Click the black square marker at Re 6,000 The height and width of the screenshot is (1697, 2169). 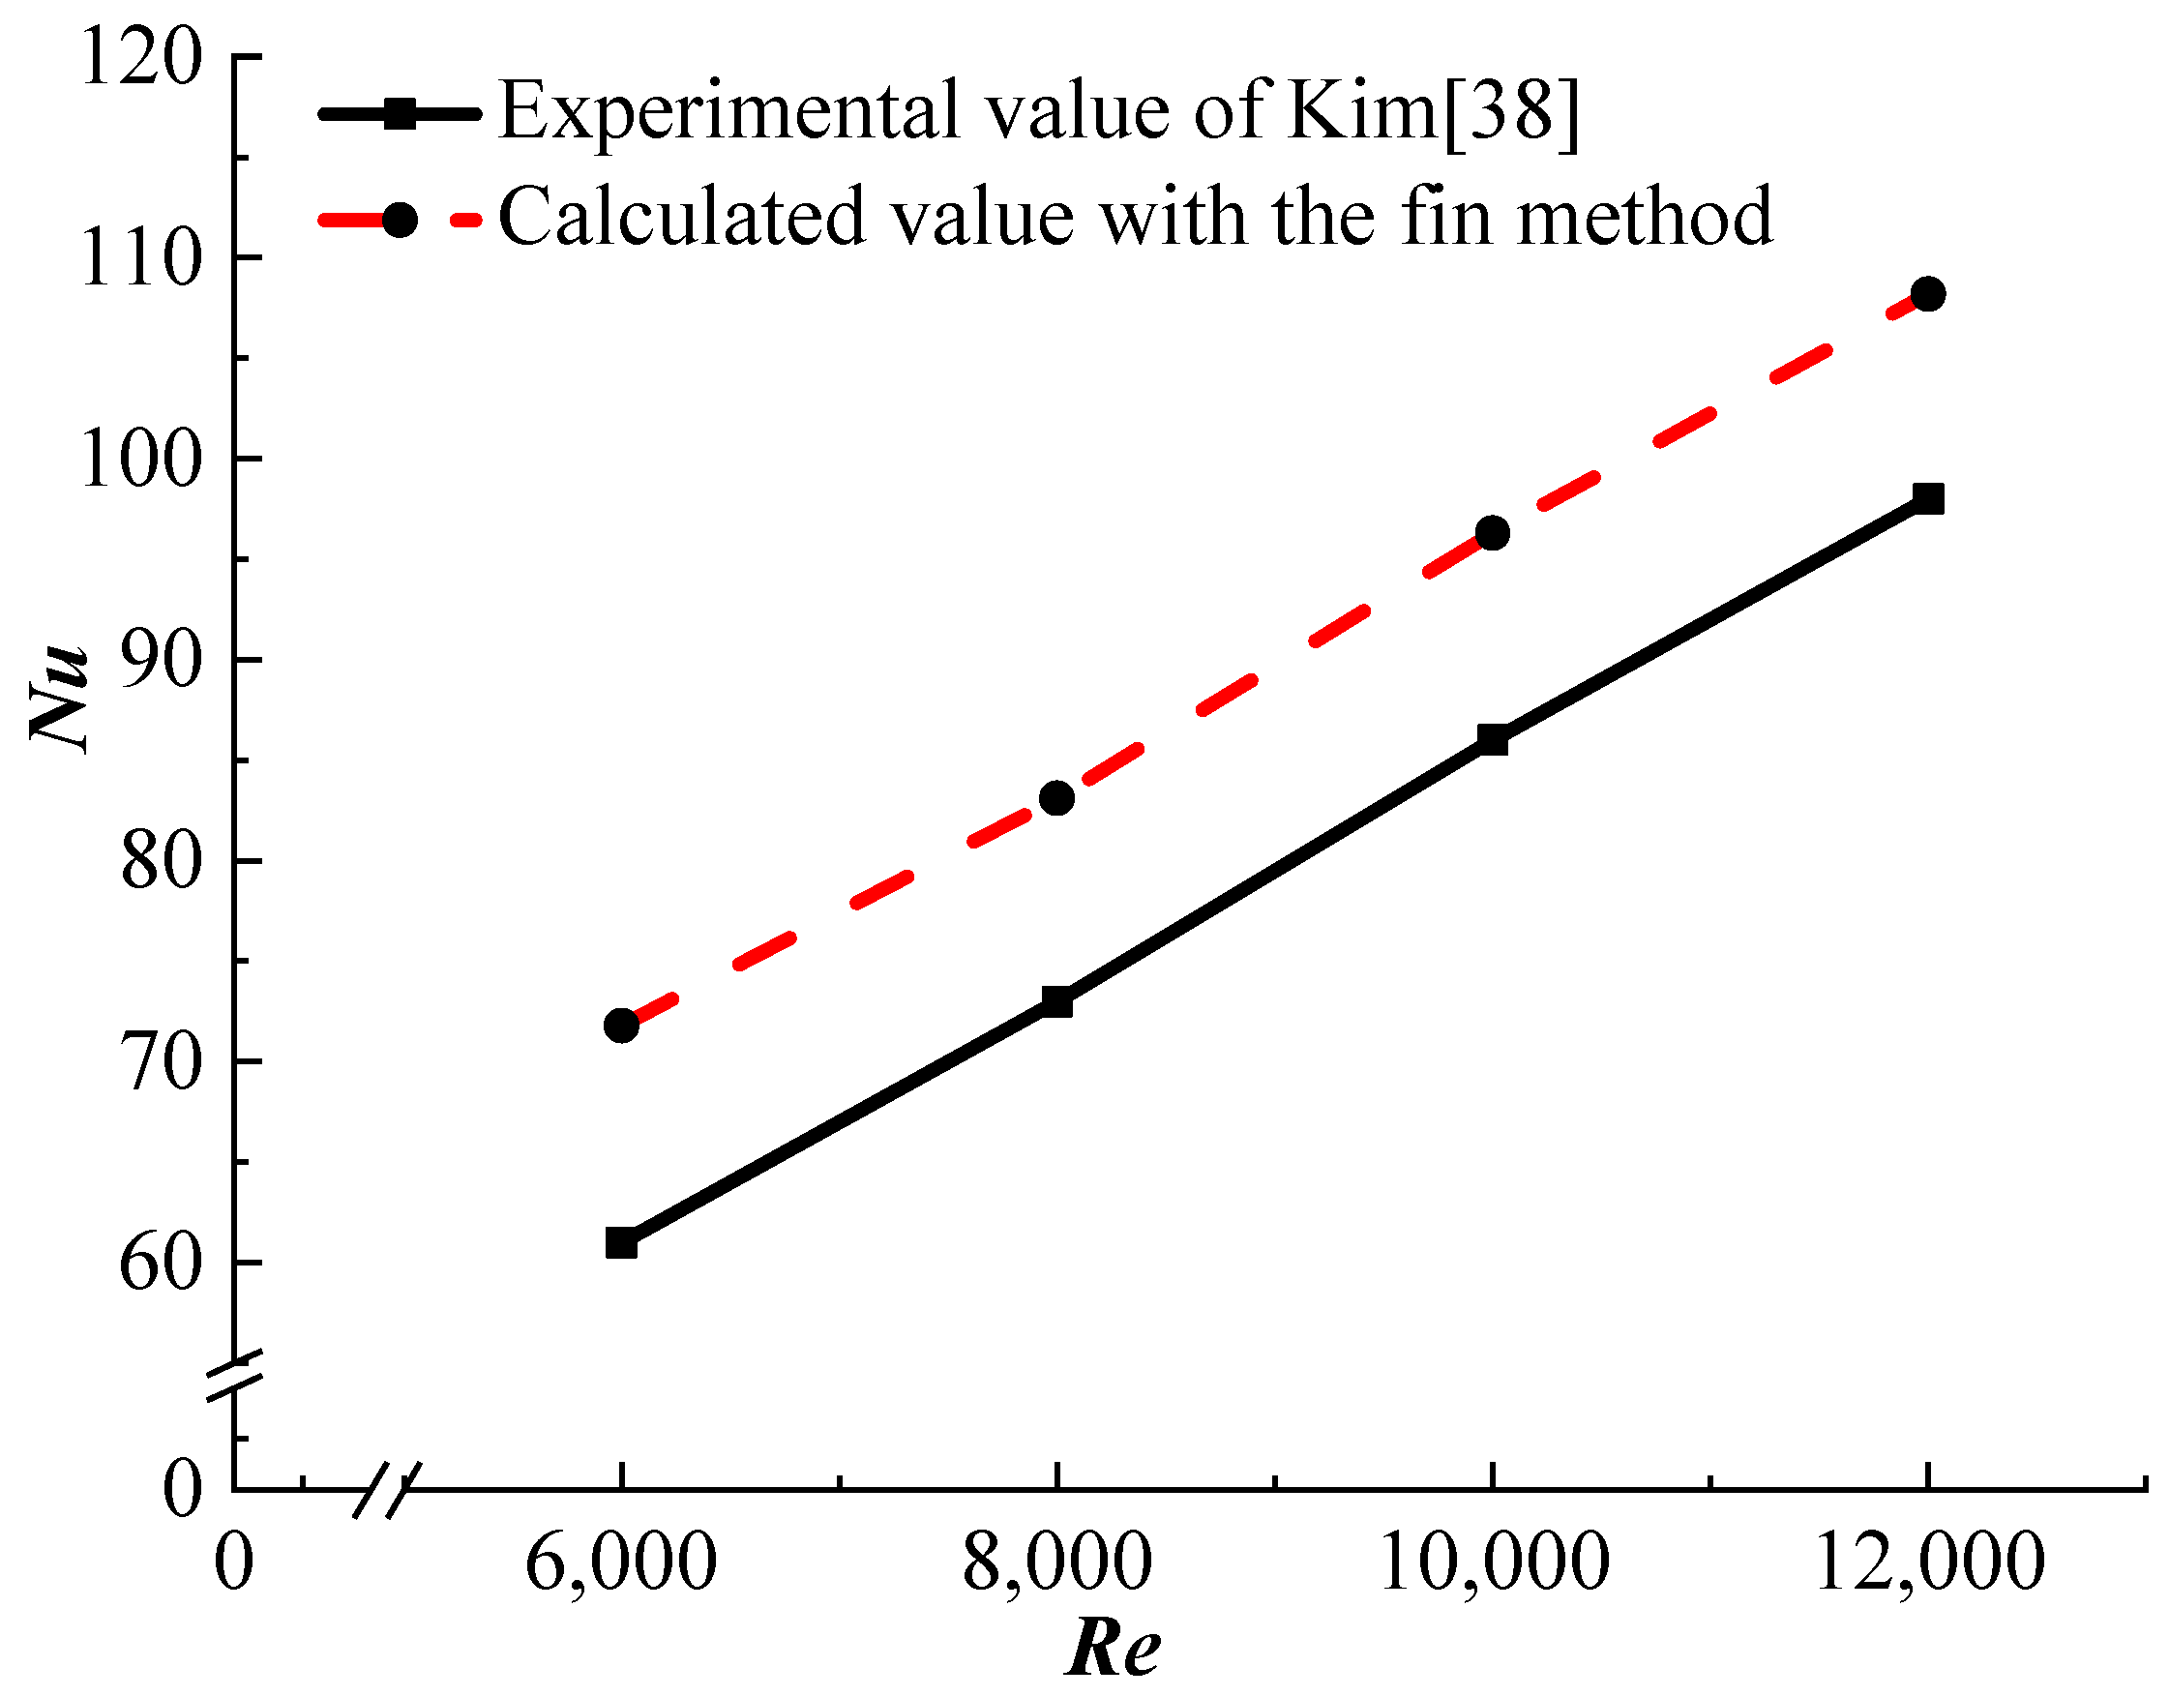tap(621, 1243)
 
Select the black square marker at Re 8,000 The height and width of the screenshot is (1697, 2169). tap(1057, 1001)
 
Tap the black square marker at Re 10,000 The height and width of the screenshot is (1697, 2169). tap(1493, 739)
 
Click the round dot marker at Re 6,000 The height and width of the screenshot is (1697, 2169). tap(621, 1026)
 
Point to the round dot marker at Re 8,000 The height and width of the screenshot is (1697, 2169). tap(1057, 798)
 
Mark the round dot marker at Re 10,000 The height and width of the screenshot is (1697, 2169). tap(1493, 532)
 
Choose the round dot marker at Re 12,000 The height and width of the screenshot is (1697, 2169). tap(1928, 293)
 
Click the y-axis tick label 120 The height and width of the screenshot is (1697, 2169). tap(140, 58)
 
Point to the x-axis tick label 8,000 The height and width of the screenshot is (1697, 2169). tap(1057, 1562)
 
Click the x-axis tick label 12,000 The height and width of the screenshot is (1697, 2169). tap(1928, 1562)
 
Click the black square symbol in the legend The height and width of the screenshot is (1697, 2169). tap(400, 112)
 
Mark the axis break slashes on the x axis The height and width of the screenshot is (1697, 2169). tap(388, 1489)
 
